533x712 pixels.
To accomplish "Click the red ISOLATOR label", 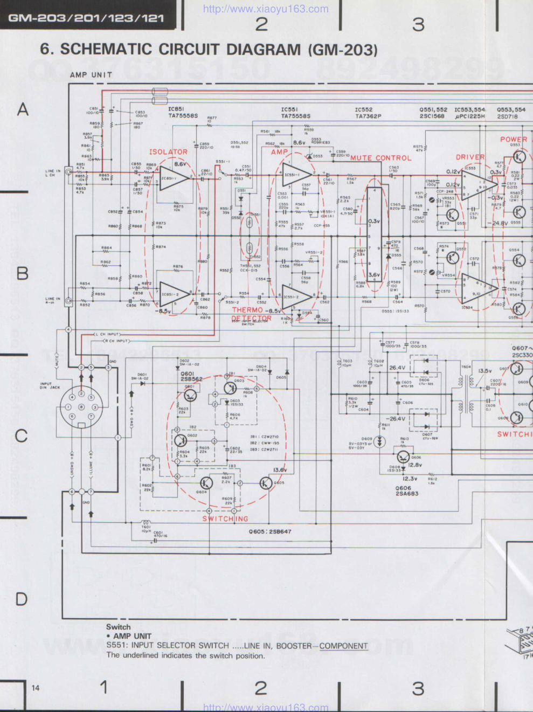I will coord(168,152).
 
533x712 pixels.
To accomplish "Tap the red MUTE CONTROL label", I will coord(380,158).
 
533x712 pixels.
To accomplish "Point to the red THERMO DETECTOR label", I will coord(252,314).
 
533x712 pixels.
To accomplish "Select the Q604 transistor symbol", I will coord(206,483).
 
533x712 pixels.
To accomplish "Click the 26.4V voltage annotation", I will coord(397,368).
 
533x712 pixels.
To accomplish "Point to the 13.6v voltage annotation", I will coord(280,470).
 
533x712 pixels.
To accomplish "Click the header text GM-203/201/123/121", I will coord(86,18).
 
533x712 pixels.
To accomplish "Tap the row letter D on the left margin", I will coord(21,599).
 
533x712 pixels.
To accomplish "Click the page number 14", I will coord(36,688).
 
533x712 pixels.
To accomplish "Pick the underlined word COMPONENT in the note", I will coord(343,646).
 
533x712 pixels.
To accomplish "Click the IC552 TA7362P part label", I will coord(368,113).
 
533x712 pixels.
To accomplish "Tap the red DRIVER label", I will coord(470,157).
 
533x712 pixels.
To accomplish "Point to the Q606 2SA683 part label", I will coord(407,490).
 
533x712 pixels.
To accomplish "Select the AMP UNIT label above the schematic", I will coord(91,75).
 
